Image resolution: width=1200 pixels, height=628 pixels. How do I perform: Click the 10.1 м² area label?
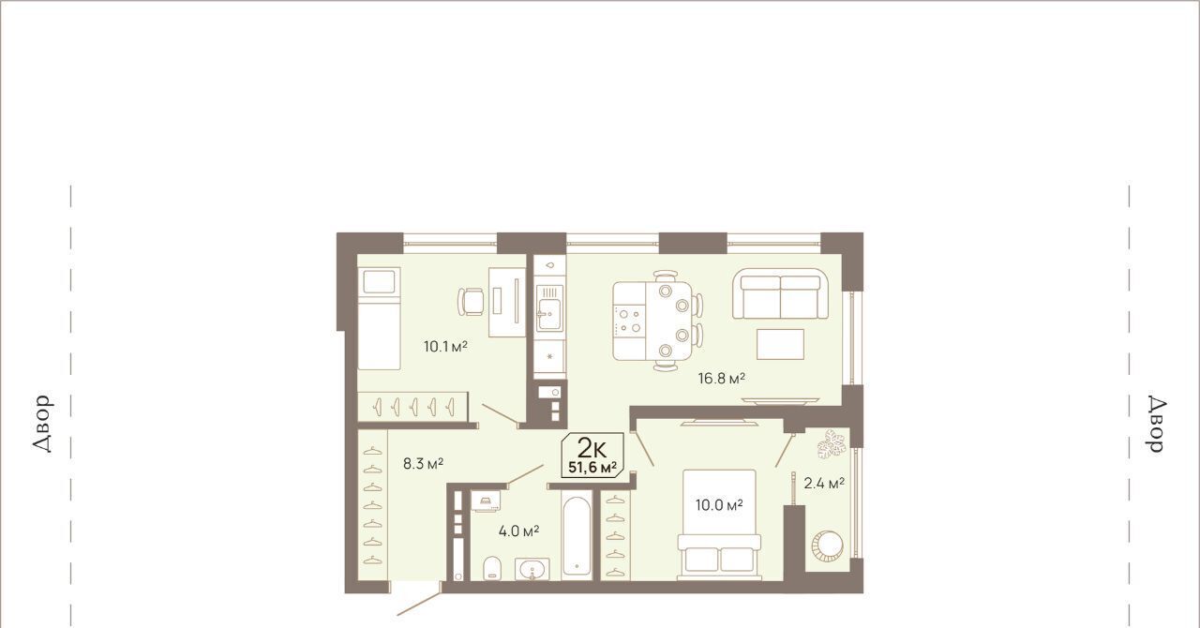(x=445, y=346)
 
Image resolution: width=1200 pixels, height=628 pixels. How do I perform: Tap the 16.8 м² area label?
(x=722, y=379)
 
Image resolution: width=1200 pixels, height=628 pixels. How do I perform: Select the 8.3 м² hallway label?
(x=423, y=463)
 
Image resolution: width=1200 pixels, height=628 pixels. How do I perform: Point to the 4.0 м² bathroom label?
(x=518, y=531)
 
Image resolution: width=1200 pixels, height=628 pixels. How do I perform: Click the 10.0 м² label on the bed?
(x=719, y=505)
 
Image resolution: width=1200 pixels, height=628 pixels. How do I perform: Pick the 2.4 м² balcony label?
(x=824, y=484)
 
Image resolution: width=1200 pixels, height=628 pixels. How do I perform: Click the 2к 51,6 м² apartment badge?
(x=592, y=455)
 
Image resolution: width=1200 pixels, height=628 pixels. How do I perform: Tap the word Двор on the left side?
(x=42, y=425)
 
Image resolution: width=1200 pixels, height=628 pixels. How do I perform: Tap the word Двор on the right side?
(x=1158, y=425)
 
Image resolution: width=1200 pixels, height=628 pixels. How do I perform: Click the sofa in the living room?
(x=781, y=294)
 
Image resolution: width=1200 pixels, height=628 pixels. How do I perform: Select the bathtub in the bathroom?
(x=577, y=535)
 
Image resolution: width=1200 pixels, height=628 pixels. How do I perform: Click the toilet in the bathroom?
(x=492, y=568)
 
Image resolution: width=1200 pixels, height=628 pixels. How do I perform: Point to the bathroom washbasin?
(x=532, y=569)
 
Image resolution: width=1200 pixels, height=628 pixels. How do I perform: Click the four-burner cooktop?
(x=629, y=321)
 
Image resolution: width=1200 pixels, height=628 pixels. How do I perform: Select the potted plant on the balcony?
(x=831, y=444)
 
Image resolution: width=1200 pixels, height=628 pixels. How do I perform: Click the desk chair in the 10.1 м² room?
(x=472, y=302)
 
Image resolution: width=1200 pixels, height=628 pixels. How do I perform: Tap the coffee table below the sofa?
(x=780, y=344)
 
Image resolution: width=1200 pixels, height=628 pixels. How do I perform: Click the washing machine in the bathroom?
(x=486, y=501)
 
